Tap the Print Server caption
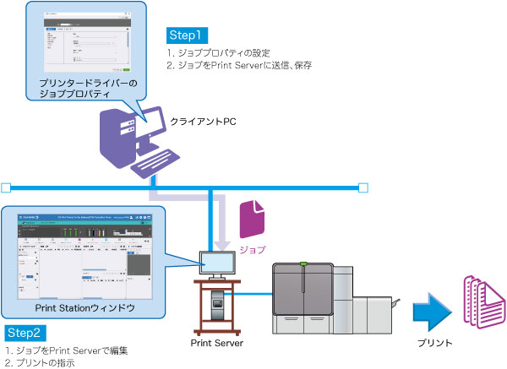[x=217, y=345]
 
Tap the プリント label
[x=434, y=344]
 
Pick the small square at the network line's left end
[x=5, y=187]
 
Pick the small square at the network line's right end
[x=364, y=187]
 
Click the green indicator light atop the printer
[x=303, y=263]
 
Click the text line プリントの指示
[x=41, y=362]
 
